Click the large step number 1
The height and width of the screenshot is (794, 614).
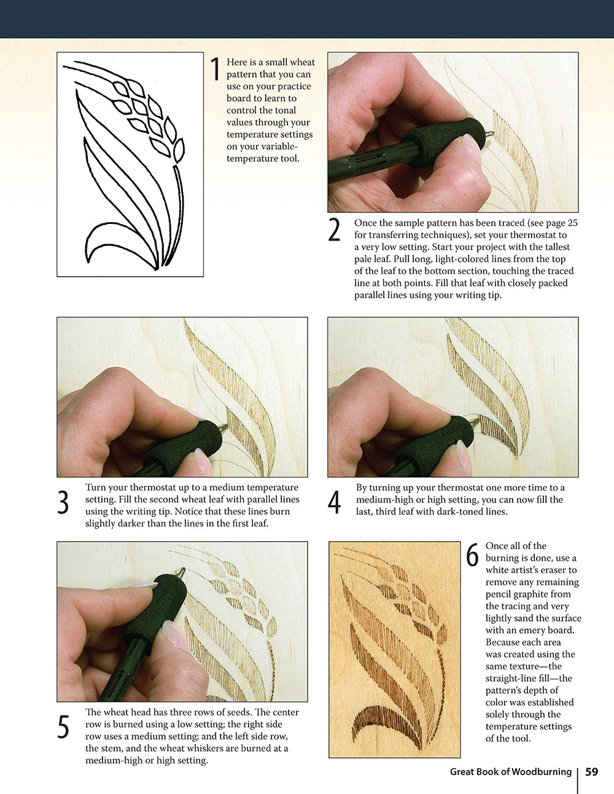point(214,69)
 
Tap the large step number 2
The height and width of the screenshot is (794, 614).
point(334,230)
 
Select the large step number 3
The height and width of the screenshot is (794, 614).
point(63,503)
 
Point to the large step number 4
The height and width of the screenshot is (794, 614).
point(334,503)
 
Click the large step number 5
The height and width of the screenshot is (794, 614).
point(63,727)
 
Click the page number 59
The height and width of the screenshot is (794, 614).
point(591,772)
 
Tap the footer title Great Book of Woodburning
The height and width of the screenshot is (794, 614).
point(510,772)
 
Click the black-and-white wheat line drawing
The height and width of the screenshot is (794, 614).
point(130,164)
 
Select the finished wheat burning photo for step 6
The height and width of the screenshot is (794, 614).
point(394,649)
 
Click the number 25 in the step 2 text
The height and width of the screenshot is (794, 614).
point(572,223)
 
